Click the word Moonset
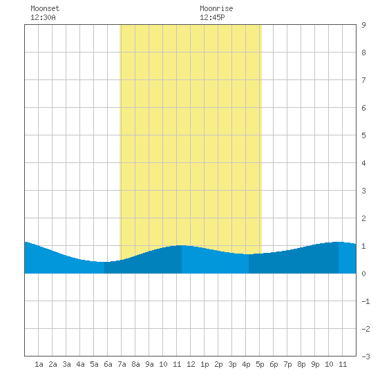click(x=45, y=8)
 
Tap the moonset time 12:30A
click(x=43, y=17)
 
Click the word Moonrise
click(x=216, y=8)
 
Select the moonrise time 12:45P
click(x=212, y=17)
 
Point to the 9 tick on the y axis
click(x=363, y=25)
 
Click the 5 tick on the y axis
click(x=363, y=135)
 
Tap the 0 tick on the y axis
click(x=363, y=274)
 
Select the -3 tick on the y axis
click(x=365, y=357)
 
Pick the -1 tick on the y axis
click(x=365, y=301)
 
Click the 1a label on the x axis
click(x=39, y=364)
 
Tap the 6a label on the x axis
click(x=108, y=364)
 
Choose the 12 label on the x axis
click(x=191, y=364)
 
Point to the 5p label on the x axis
click(x=260, y=364)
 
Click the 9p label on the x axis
click(x=315, y=364)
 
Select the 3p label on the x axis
click(x=232, y=364)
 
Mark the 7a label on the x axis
click(x=122, y=364)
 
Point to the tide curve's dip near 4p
click(x=249, y=254)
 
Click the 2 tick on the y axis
click(x=363, y=218)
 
